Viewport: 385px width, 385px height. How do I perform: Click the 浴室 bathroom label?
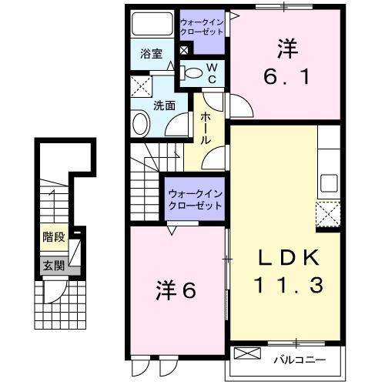pyautogui.click(x=152, y=54)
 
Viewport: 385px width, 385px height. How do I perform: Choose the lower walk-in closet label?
pyautogui.click(x=194, y=200)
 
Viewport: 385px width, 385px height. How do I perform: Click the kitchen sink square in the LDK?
pyautogui.click(x=330, y=183)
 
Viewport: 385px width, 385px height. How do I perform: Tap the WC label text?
pyautogui.click(x=215, y=74)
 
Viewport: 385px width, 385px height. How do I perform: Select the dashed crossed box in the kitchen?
pyautogui.click(x=329, y=213)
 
